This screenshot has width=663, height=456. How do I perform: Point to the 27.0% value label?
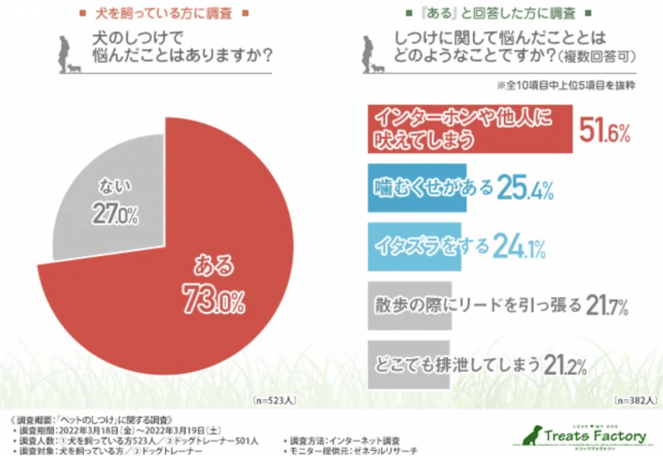117,213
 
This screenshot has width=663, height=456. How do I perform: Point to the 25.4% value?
524,190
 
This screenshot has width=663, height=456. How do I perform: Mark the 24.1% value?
518,247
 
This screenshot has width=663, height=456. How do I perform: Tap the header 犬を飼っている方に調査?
165,13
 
